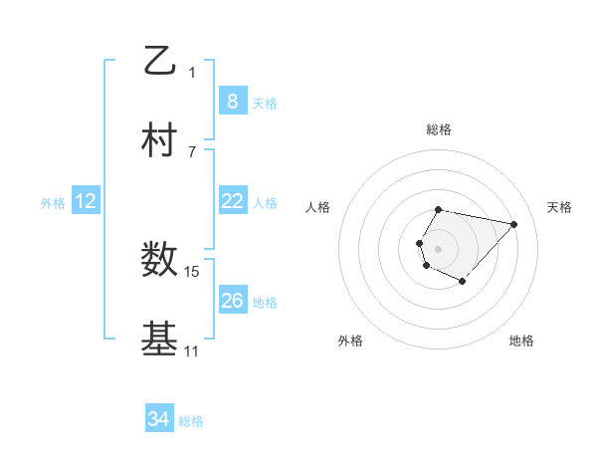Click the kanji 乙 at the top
159,61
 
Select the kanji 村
159,139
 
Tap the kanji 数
159,260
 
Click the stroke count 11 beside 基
192,351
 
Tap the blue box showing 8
232,102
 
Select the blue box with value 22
232,201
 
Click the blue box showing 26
232,301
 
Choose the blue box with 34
158,420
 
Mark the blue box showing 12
85,201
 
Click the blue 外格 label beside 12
53,202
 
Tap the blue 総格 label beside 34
191,421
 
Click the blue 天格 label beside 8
265,103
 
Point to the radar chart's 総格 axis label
439,129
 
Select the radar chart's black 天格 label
560,207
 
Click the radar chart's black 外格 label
350,341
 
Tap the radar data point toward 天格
513,224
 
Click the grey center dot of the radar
438,248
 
